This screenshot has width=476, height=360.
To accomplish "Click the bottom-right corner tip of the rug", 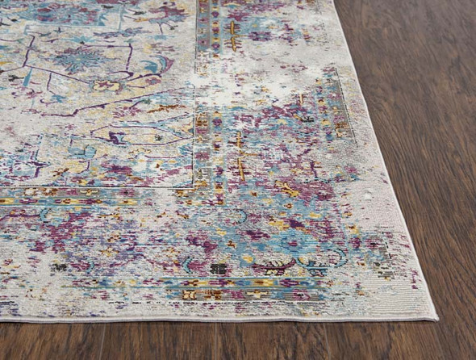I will point(436,318).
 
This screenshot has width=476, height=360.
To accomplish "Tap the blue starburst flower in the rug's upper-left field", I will point(81,58).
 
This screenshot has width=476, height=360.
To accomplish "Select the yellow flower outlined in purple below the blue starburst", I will point(106,86).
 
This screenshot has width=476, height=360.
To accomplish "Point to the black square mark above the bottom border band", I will point(219,268).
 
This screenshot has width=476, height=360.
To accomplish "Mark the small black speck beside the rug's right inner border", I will point(307,119).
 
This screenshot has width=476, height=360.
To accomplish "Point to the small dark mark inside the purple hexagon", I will point(114,138).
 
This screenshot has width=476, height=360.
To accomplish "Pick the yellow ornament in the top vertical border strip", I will point(232,32).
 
